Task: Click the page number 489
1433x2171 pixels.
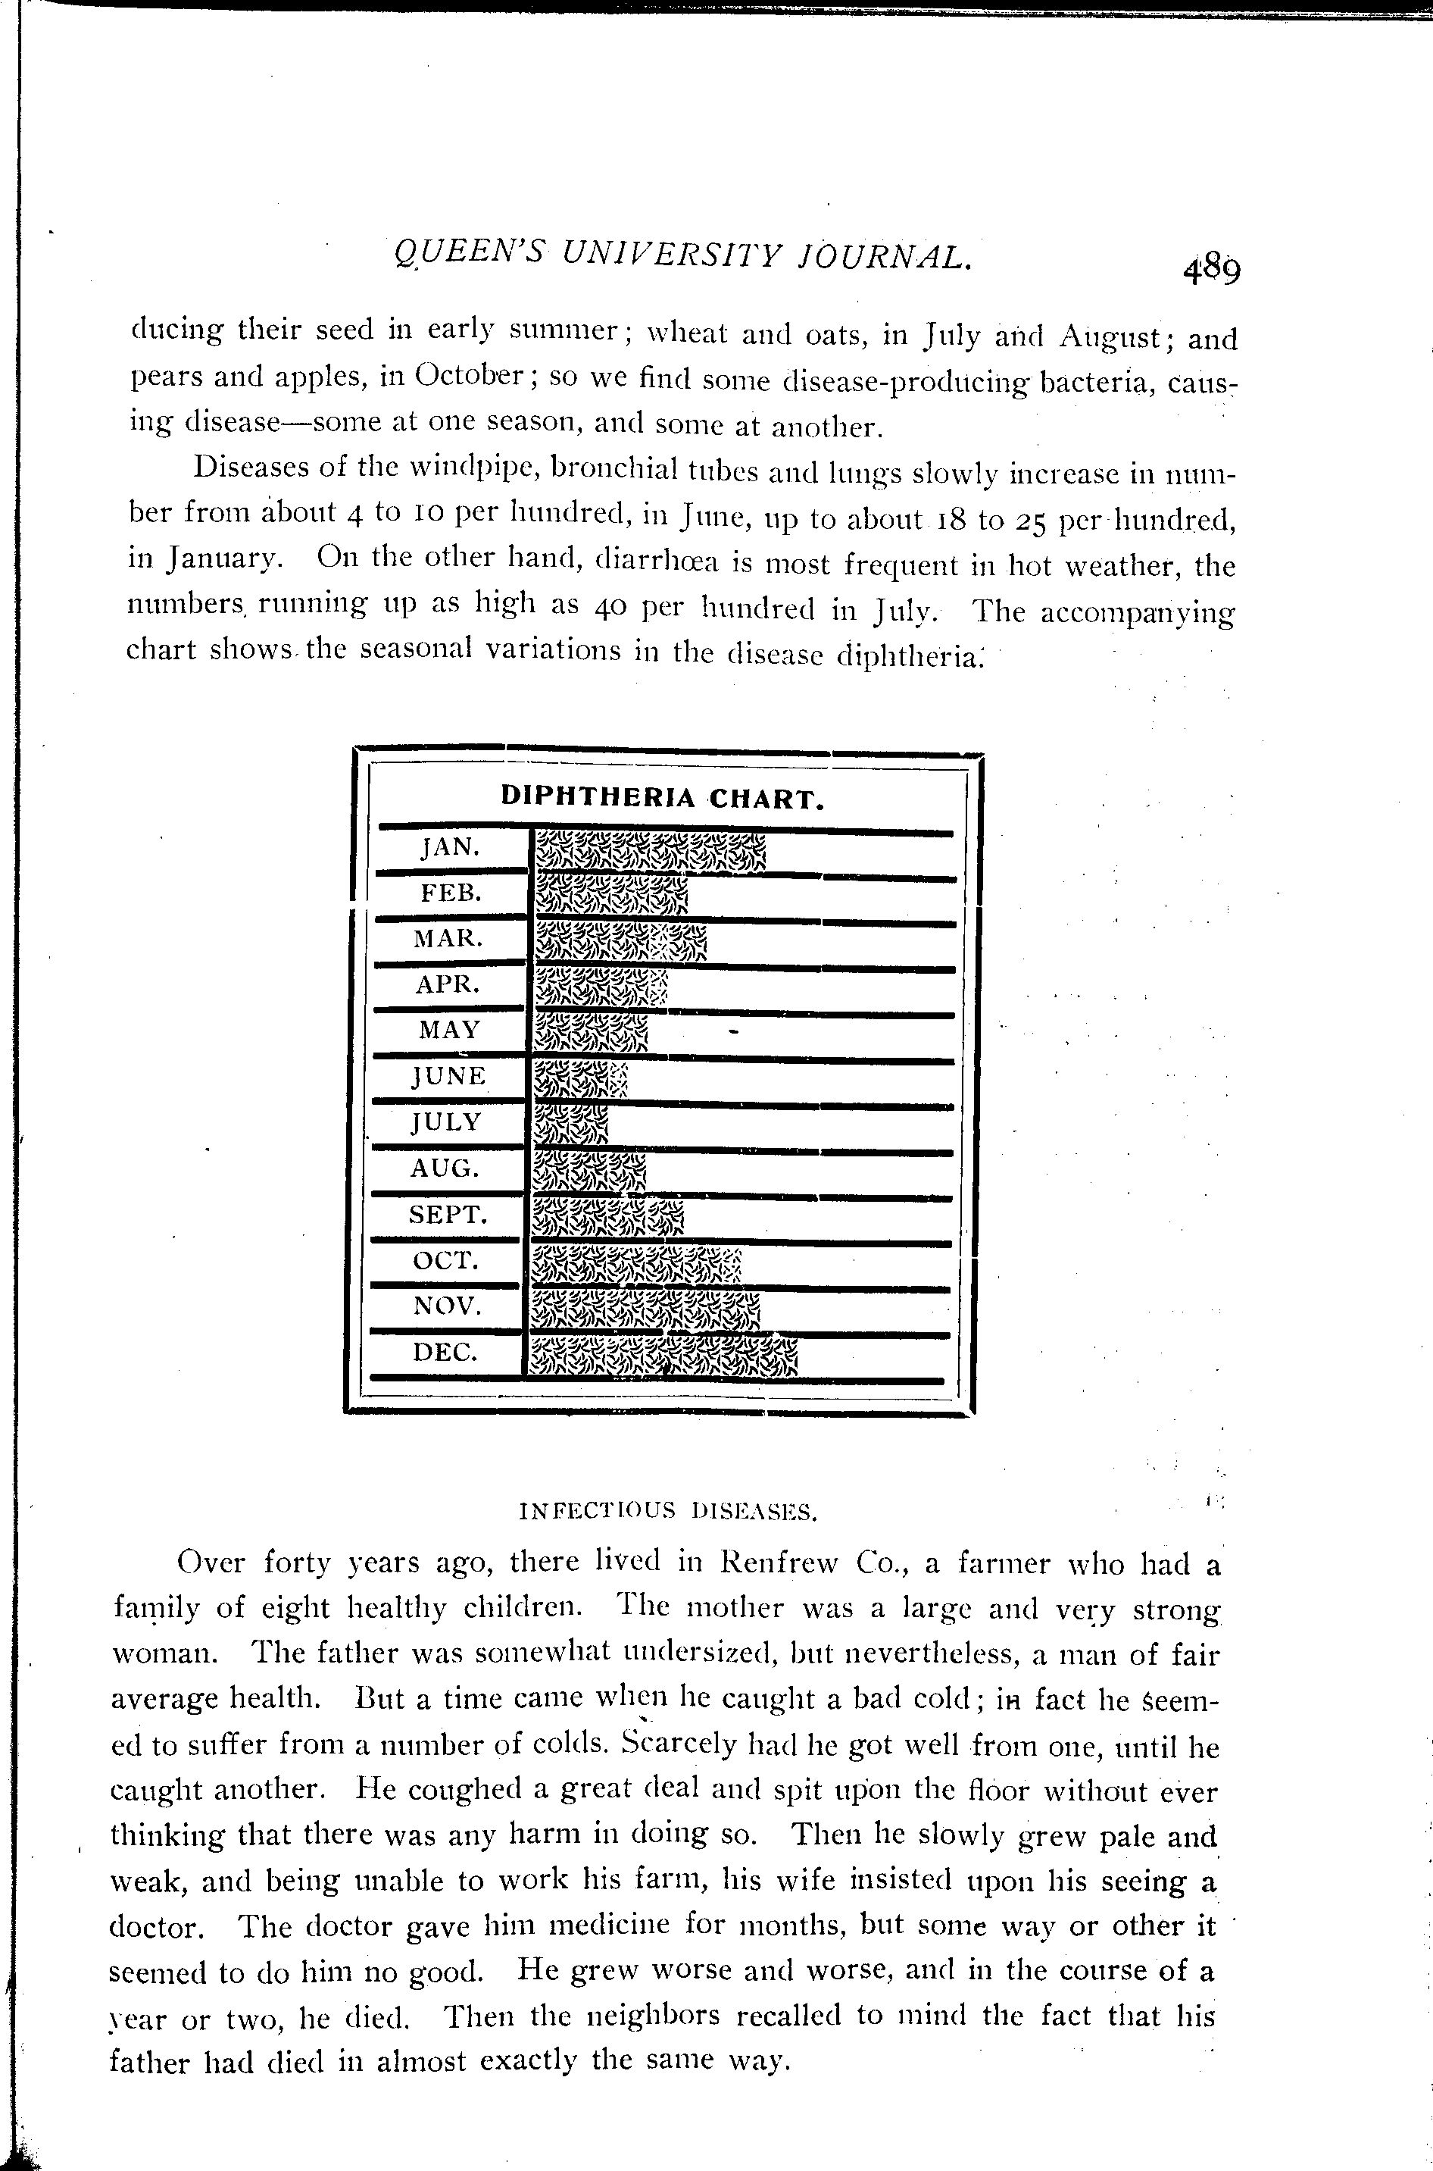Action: (x=1211, y=271)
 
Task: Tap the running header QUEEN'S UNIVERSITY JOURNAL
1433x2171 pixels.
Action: (x=680, y=256)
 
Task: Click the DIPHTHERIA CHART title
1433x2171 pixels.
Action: (x=663, y=798)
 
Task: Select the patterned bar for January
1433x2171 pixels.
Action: (x=649, y=852)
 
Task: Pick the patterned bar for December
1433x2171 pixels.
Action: (x=663, y=1356)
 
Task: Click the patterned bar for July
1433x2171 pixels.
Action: (x=570, y=1125)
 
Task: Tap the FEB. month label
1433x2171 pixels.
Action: (x=451, y=893)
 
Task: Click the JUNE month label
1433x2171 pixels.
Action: (x=448, y=1076)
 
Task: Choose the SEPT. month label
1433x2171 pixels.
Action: (x=448, y=1215)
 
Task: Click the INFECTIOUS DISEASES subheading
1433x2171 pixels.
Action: (x=667, y=1512)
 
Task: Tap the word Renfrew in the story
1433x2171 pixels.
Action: (x=779, y=1563)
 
